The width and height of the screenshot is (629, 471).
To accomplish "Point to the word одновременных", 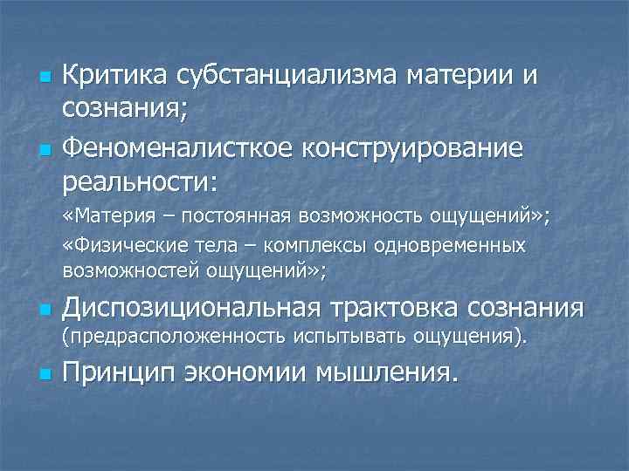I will point(450,246).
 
